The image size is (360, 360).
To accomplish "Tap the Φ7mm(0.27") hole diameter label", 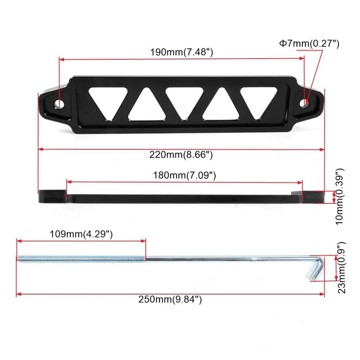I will pos(309,44).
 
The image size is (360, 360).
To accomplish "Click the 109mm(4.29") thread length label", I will pos(81,234).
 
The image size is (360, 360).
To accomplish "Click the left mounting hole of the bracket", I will pos(59,103).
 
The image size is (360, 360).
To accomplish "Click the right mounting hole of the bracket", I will pos(305,103).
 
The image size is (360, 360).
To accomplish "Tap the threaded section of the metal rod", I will pos(81,259).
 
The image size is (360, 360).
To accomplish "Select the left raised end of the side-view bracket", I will pos(52,197).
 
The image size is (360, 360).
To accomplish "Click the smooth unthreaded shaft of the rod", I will pos(225,259).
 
